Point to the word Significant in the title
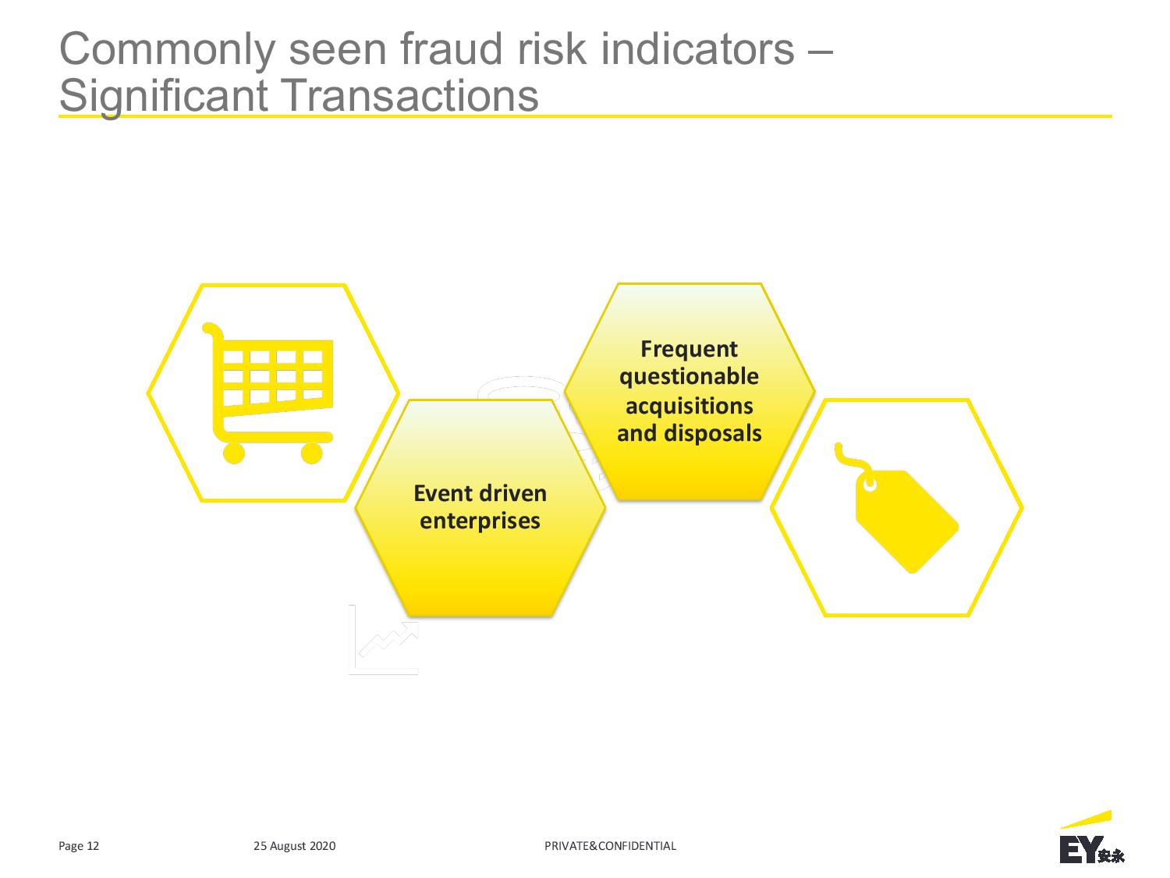pos(163,97)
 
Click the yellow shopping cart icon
pos(268,393)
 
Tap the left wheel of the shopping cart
pos(233,453)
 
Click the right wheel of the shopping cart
pos(312,453)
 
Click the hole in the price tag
pos(870,485)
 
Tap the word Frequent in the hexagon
pos(689,350)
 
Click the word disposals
pos(713,433)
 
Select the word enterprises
pos(480,521)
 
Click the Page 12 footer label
pos(79,846)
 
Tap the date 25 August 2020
pos(294,846)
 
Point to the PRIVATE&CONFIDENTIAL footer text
pos(610,845)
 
